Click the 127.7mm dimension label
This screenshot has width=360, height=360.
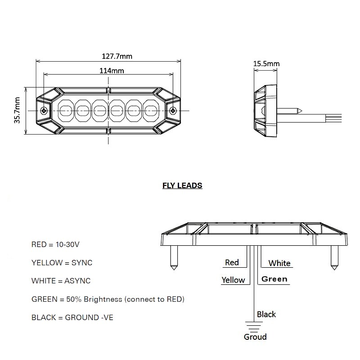(117, 56)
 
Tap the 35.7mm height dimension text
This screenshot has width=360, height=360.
(17, 110)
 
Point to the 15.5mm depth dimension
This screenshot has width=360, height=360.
(266, 64)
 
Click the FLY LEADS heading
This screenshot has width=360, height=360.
(182, 185)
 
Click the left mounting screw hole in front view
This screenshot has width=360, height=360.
(43, 111)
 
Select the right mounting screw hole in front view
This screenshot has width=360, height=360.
(173, 111)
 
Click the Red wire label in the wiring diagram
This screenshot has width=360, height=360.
(232, 262)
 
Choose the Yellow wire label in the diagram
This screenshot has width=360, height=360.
(233, 280)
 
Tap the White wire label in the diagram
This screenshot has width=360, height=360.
(279, 263)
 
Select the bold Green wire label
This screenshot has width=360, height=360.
(274, 279)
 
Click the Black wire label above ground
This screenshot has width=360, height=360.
(266, 314)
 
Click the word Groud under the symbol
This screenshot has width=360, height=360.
(255, 337)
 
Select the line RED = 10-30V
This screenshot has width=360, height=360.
(56, 245)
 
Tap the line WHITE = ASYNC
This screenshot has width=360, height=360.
(61, 281)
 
